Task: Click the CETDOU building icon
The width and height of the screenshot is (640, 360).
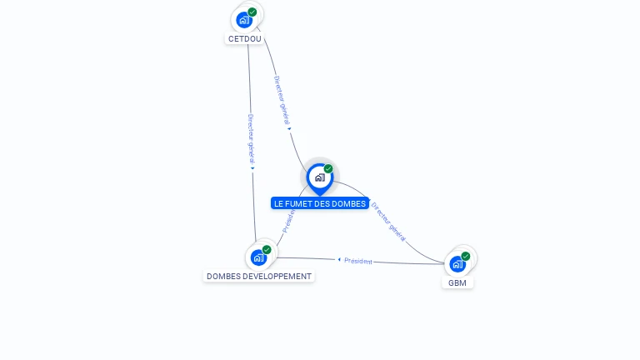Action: coord(244,20)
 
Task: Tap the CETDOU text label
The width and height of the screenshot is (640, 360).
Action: coord(245,38)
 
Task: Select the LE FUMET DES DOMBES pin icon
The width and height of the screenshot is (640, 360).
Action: coord(319,177)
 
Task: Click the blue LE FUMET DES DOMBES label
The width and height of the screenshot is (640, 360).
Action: coord(320,203)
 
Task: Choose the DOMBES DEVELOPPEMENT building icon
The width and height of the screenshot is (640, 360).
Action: coord(258,257)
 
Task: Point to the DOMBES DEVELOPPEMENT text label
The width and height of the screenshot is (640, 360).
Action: coord(259,276)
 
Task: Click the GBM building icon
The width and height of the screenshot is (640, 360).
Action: coord(457,264)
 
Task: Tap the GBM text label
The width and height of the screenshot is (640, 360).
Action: coord(457,282)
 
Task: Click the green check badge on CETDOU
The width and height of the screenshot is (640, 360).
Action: coord(252,12)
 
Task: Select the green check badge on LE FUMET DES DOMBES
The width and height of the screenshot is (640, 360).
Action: coord(328,168)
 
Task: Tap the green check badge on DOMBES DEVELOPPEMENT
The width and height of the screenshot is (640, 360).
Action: coord(267,249)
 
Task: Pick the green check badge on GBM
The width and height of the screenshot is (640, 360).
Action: coord(466,256)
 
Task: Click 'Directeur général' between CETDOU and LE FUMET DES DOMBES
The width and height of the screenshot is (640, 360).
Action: coord(282,99)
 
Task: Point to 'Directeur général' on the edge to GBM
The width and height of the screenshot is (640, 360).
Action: coord(388,221)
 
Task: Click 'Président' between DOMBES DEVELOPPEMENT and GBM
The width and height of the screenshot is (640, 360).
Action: coord(358,261)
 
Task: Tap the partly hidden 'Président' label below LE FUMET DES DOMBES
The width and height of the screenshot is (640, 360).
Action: coord(289,220)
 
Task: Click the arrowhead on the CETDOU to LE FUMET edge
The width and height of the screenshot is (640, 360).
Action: coord(289,128)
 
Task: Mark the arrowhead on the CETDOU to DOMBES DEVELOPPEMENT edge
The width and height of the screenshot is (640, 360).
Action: coord(252,168)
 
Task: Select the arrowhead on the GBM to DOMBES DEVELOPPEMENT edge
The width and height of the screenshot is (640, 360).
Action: coord(339,259)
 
